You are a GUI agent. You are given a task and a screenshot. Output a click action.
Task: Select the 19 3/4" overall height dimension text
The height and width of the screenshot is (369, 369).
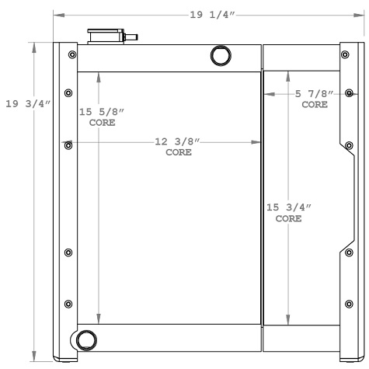pyautogui.click(x=28, y=104)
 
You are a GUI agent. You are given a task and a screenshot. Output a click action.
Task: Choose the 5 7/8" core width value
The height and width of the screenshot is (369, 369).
pyautogui.click(x=315, y=94)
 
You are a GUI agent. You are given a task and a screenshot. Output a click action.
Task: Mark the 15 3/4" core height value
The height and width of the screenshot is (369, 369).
pyautogui.click(x=289, y=208)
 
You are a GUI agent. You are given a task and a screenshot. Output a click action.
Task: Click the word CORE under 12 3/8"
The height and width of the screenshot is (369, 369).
pyautogui.click(x=178, y=152)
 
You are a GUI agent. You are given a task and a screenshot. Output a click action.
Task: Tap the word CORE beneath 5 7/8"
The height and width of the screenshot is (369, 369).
pyautogui.click(x=315, y=103)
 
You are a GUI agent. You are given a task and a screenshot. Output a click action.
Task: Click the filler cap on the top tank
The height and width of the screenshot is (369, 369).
pyautogui.click(x=106, y=36)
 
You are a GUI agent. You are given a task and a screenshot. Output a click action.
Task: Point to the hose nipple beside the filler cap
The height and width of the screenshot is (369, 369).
pyautogui.click(x=131, y=36)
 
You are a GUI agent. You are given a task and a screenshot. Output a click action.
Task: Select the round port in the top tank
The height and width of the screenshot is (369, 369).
pyautogui.click(x=220, y=56)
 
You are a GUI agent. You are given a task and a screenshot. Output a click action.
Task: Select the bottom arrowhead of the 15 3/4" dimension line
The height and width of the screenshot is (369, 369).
pyautogui.click(x=289, y=320)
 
